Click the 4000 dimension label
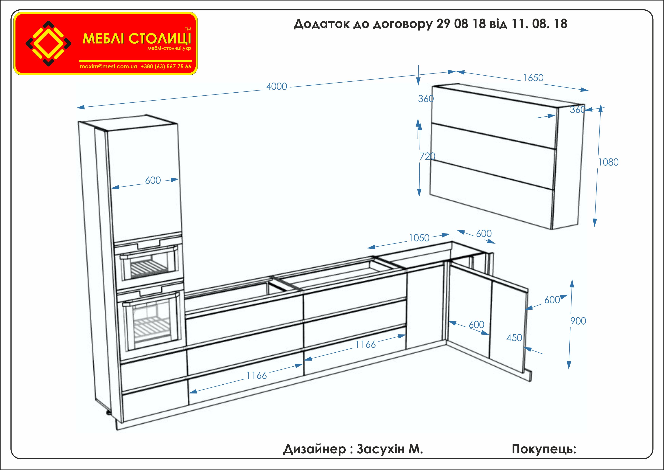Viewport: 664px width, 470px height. coord(276,87)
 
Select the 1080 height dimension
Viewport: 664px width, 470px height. coord(608,162)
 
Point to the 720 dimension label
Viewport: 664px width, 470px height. coord(427,156)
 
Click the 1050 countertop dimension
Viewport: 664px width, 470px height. coord(419,238)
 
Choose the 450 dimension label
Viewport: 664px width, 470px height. coord(514,338)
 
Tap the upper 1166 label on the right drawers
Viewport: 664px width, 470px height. coord(365,344)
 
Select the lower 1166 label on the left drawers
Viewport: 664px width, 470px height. coord(257,376)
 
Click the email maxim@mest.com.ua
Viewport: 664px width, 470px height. coord(108,67)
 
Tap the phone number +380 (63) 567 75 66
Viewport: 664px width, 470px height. coord(166,67)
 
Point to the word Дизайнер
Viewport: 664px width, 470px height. coord(314,449)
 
